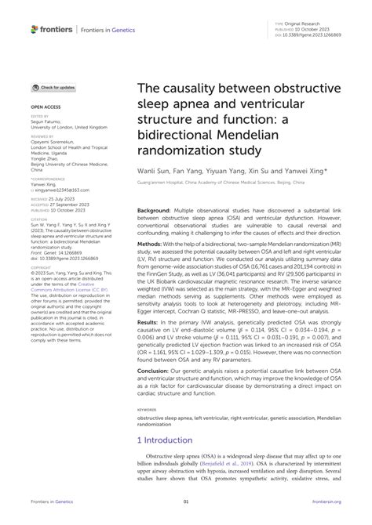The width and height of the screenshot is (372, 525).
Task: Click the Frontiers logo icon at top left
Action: tap(35, 29)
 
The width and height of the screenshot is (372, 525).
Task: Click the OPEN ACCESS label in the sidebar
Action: tap(44, 104)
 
